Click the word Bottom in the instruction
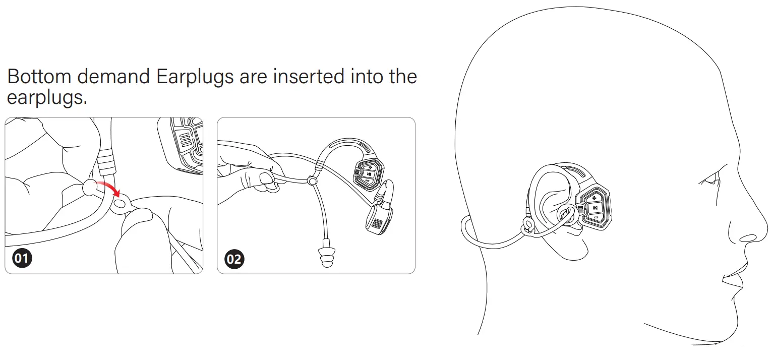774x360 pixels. [39, 77]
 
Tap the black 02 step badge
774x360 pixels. [234, 260]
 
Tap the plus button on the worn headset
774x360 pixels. [595, 197]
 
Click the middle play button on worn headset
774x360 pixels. [595, 207]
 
